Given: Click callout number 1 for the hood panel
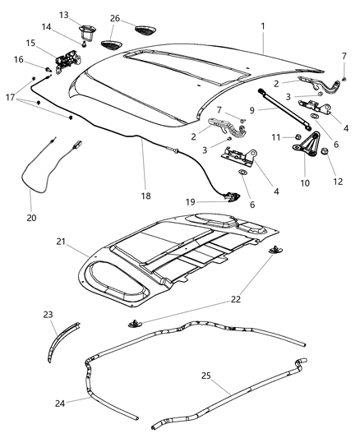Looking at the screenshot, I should pos(262,26).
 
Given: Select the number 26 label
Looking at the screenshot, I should pos(114,18).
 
